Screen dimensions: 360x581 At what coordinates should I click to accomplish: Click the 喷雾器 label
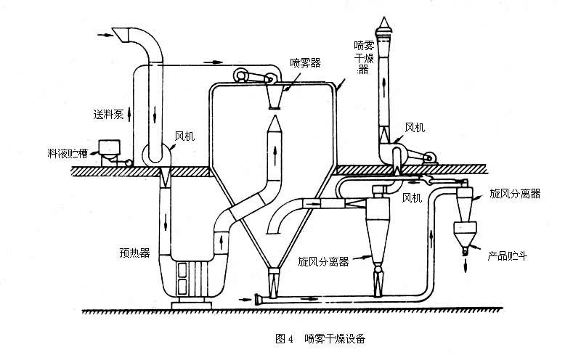[305, 62]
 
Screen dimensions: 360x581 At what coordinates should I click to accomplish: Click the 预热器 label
[135, 253]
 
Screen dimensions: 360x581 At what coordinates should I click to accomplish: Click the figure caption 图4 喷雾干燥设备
[320, 338]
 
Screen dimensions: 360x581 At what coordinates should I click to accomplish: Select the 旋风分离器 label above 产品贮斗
[516, 194]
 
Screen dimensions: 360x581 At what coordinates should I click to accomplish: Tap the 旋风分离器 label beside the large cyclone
[323, 261]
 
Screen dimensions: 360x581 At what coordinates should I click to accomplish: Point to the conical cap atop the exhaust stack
[384, 25]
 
